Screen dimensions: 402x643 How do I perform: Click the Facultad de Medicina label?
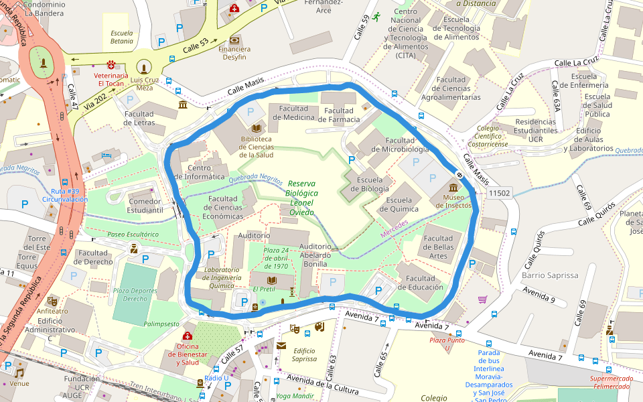[293, 113]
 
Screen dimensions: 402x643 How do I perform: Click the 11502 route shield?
[499, 193]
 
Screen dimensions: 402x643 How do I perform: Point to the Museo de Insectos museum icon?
[453, 188]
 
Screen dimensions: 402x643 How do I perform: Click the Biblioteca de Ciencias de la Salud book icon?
[256, 127]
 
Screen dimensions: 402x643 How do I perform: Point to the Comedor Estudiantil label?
[145, 206]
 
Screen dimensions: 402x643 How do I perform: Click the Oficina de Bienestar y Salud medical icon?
[188, 336]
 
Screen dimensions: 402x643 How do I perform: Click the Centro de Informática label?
[196, 172]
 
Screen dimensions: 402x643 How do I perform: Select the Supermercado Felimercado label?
[611, 383]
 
